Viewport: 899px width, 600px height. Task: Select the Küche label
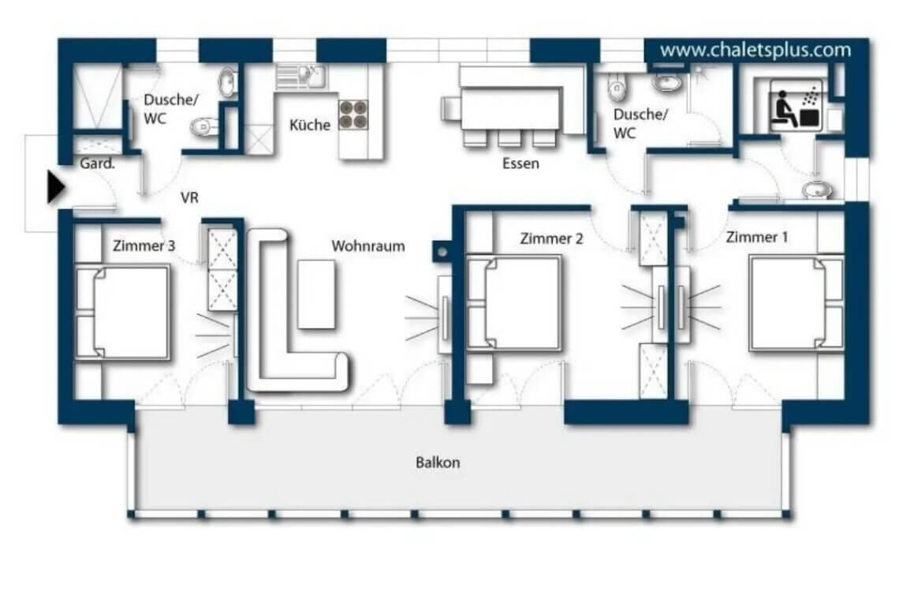(309, 125)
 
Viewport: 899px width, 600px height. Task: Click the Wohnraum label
(367, 246)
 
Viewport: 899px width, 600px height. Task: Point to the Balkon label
(438, 463)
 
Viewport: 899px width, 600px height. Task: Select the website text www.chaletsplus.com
(755, 51)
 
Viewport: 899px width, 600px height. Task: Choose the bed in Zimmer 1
(795, 302)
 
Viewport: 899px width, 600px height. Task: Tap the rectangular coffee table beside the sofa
(316, 293)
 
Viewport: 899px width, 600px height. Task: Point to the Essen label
(520, 164)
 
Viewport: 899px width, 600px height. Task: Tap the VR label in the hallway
(189, 197)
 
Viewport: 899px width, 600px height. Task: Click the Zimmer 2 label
(551, 238)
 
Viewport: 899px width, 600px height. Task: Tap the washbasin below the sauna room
(815, 189)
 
